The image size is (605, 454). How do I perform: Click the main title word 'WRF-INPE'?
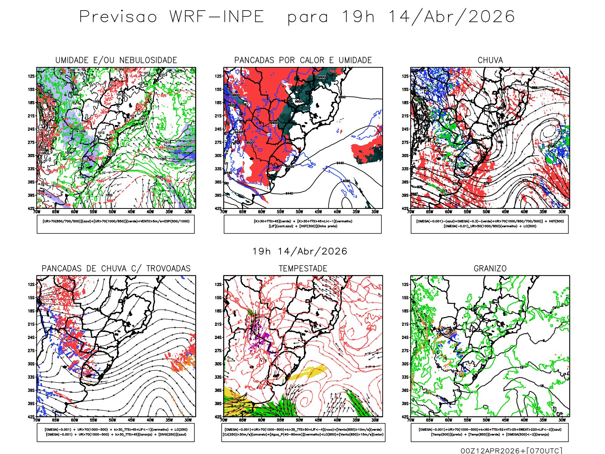pos(216,17)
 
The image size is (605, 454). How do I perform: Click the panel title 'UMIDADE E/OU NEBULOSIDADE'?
pos(116,61)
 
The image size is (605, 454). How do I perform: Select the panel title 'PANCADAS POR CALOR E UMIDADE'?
pos(303,61)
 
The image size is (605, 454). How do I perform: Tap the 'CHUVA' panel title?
pos(490,61)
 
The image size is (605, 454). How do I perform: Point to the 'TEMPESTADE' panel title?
pos(303,269)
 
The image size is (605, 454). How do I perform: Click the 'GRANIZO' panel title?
pos(490,269)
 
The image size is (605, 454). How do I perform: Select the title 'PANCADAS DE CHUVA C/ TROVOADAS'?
pos(116,269)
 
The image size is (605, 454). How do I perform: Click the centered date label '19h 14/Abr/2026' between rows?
pos(300,252)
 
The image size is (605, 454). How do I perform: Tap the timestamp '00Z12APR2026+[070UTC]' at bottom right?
pos(511,450)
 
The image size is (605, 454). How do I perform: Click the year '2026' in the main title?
pos(492,17)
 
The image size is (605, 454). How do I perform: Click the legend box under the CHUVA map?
pos(490,224)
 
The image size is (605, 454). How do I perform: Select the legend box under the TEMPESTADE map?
pos(303,432)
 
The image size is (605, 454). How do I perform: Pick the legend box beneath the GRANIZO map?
pos(490,432)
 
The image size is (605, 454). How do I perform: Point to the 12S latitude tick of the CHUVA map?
pos(405,76)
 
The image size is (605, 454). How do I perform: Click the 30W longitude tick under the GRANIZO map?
pos(562,420)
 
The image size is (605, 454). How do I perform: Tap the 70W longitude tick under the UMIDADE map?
pos(37,212)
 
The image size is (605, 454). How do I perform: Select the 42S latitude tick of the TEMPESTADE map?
pos(218,417)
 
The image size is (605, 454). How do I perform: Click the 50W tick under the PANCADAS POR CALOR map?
pos(299,212)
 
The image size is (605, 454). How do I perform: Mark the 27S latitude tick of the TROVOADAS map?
pos(31,351)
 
